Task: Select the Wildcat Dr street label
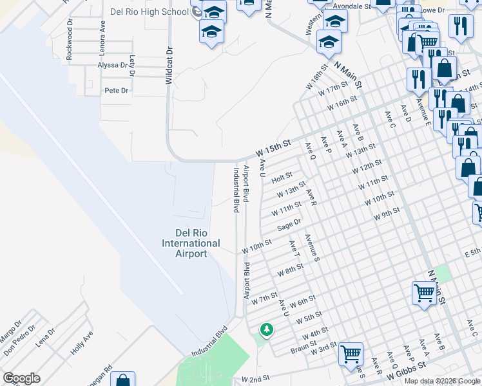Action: pyautogui.click(x=169, y=65)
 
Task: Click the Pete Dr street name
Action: pyautogui.click(x=117, y=91)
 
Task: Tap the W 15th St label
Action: pyautogui.click(x=273, y=149)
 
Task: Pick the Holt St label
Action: pyautogui.click(x=282, y=175)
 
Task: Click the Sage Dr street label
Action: pyautogui.click(x=289, y=225)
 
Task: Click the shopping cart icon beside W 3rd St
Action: pyautogui.click(x=351, y=353)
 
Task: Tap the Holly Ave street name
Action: pyautogui.click(x=82, y=342)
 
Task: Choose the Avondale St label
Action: pyautogui.click(x=356, y=6)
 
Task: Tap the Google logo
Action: pyautogui.click(x=21, y=378)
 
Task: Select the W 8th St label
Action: pyautogui.click(x=290, y=270)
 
